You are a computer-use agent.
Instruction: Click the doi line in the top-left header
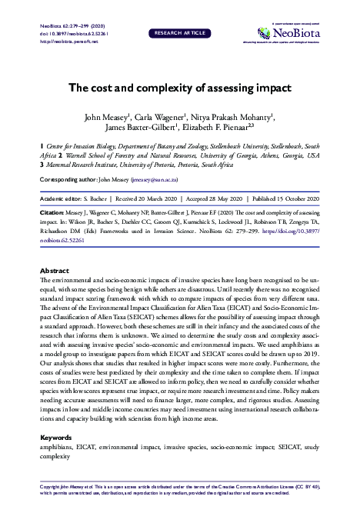pyautogui.click(x=74, y=35)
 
